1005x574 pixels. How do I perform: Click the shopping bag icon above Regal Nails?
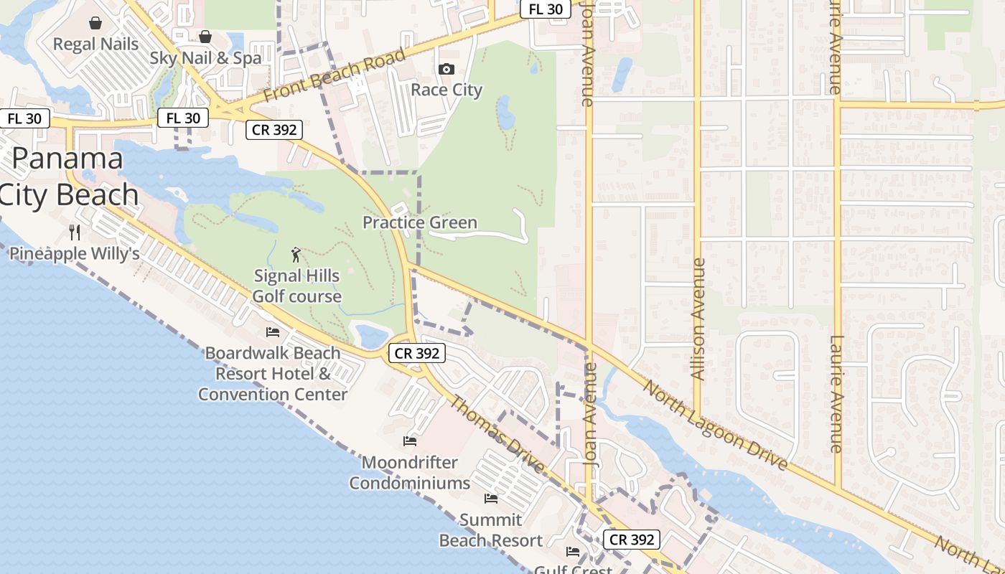95,24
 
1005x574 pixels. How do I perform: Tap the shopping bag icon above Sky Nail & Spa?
205,37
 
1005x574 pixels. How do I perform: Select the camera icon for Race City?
447,69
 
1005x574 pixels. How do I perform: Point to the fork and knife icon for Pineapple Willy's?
74,232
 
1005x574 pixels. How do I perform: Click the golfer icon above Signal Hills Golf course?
296,254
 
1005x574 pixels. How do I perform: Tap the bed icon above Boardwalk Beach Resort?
273,331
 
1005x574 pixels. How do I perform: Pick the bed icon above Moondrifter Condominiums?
410,441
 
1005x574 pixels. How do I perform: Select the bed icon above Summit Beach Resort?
491,498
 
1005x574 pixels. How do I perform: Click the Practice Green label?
419,222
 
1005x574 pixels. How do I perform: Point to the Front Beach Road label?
335,75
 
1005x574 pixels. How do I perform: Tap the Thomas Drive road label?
497,434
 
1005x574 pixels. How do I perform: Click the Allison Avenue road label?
697,319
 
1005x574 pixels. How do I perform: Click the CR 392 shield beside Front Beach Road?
274,130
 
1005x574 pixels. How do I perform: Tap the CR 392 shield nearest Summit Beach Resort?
631,540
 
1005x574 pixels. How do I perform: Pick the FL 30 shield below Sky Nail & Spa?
183,118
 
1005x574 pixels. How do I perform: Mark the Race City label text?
447,90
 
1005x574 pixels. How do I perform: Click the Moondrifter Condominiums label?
410,472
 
